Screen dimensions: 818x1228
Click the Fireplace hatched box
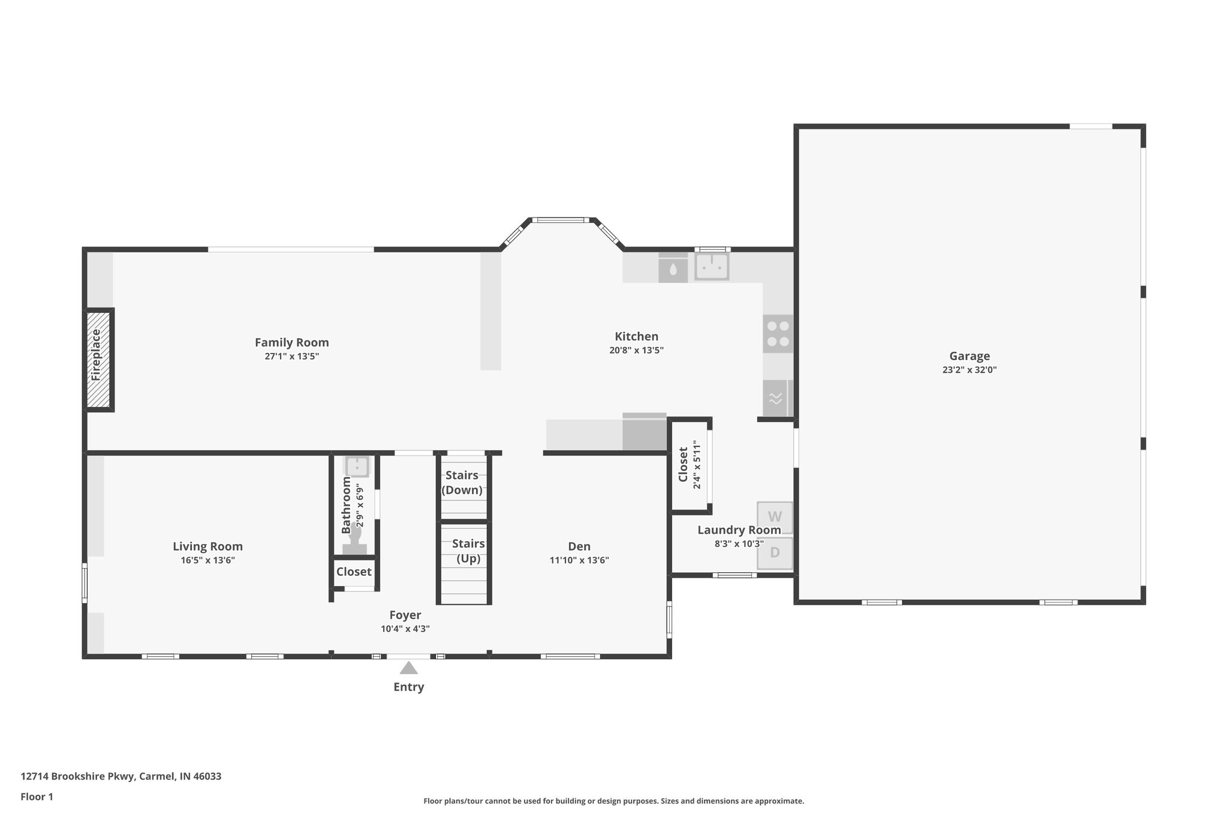(98, 359)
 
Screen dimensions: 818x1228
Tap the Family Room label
(291, 342)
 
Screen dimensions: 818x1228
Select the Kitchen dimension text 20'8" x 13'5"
(636, 351)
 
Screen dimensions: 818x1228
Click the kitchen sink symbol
(712, 267)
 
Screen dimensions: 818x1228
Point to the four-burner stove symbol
(778, 334)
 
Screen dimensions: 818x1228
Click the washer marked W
(775, 517)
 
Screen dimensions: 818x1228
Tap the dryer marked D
(775, 553)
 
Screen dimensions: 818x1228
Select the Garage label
(969, 356)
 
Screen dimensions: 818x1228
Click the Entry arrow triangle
(408, 668)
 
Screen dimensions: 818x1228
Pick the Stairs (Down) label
(462, 482)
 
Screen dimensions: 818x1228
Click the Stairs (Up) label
(468, 551)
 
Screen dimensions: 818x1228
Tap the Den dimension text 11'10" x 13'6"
(579, 560)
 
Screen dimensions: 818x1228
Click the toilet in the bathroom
(355, 539)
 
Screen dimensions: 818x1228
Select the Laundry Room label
(739, 530)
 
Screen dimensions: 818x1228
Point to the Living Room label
(207, 546)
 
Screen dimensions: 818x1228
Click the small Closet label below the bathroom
(354, 572)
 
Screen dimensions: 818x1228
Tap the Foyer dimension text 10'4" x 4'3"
(405, 629)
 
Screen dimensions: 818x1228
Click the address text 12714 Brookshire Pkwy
(121, 777)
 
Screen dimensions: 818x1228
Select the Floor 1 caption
(37, 796)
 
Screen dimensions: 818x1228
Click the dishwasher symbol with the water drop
(673, 269)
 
